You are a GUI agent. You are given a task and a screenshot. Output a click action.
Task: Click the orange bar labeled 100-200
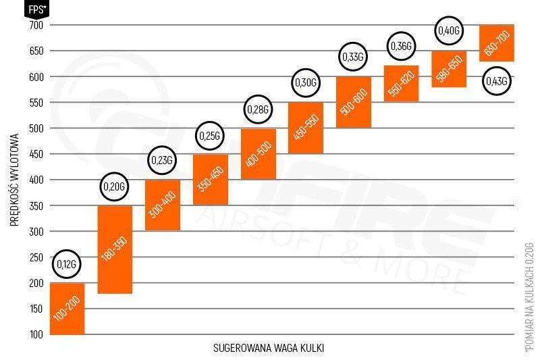(67, 309)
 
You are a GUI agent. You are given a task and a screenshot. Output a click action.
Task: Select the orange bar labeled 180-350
(115, 249)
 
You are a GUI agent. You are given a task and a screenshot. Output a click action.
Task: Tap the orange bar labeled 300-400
(162, 205)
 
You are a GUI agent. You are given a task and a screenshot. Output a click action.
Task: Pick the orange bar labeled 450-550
(305, 128)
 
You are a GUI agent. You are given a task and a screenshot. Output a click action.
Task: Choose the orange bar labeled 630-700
(496, 43)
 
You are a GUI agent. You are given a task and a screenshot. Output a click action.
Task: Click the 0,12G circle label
(67, 263)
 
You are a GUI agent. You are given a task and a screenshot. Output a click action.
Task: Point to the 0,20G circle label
(115, 186)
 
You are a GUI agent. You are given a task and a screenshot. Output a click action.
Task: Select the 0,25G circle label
(210, 136)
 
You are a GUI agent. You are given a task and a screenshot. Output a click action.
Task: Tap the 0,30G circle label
(305, 82)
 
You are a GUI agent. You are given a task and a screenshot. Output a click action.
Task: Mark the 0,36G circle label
(401, 47)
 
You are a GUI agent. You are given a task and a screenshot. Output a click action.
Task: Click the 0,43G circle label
(496, 81)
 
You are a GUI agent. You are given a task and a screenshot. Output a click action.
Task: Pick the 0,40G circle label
(448, 30)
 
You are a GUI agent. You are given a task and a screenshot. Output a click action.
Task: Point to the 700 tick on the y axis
(36, 25)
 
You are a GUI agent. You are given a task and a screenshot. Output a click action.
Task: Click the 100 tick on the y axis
(36, 334)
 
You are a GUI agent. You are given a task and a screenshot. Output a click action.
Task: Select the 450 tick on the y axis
(36, 154)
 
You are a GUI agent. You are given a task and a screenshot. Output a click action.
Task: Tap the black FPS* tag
(35, 9)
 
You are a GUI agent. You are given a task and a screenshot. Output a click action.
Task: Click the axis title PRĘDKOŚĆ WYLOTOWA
(14, 180)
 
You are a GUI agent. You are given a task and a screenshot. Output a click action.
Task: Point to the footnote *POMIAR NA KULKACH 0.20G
(529, 297)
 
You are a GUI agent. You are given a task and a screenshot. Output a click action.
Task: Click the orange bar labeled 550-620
(401, 83)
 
